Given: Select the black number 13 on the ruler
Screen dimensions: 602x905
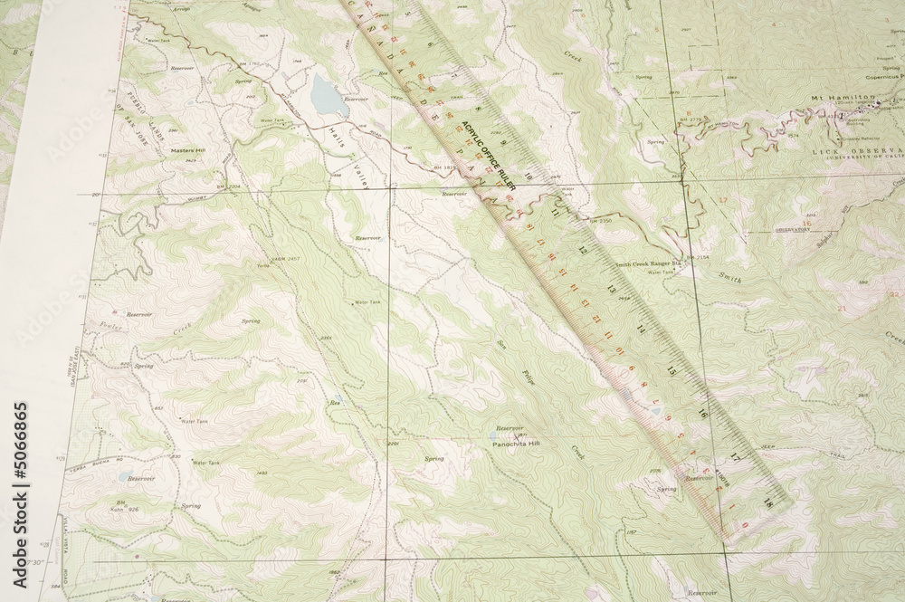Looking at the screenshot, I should coord(613,290).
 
